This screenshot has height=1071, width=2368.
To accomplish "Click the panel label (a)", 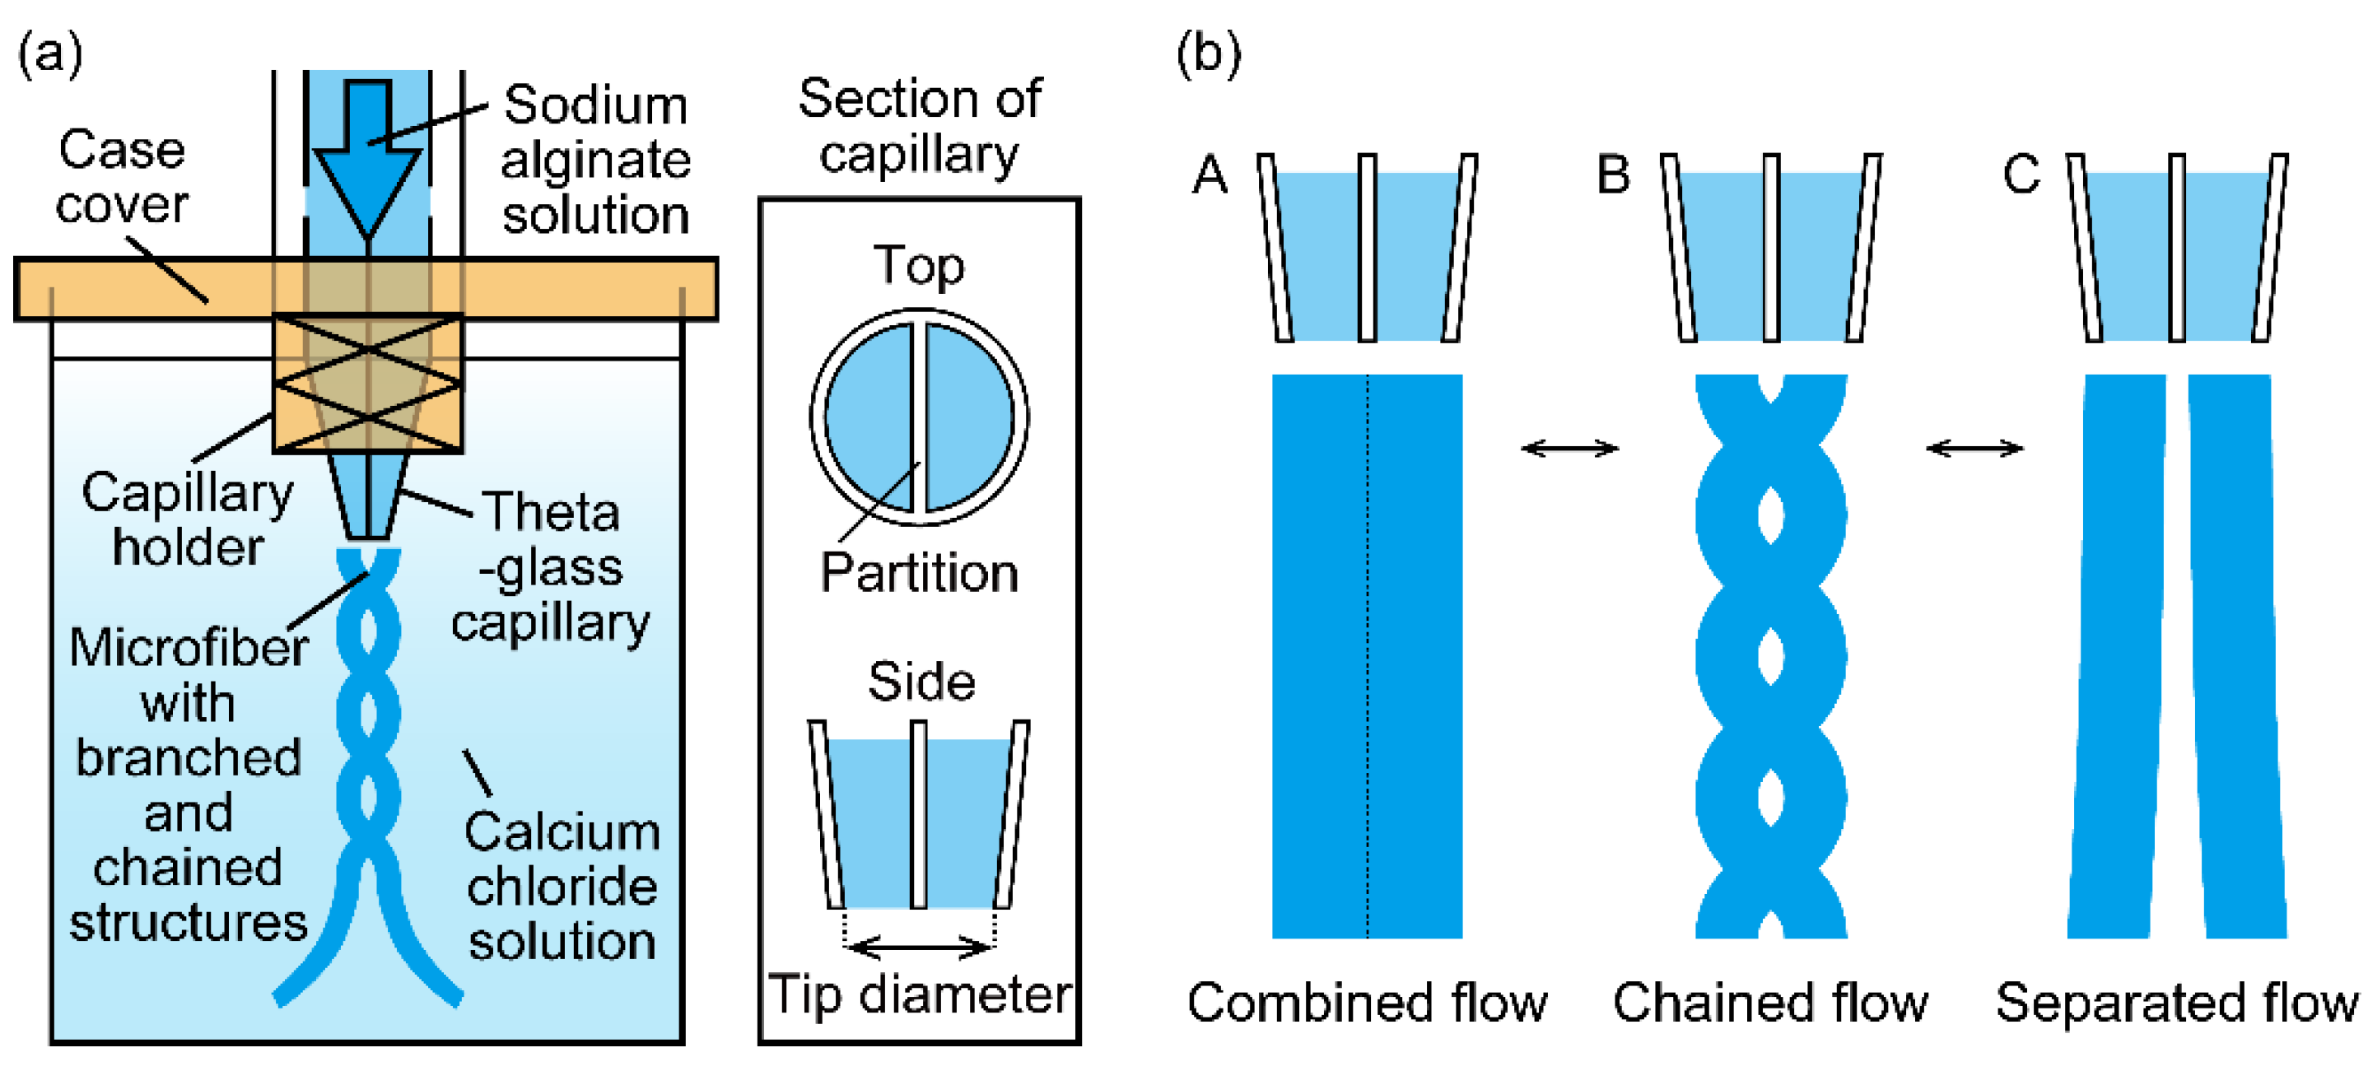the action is (x=50, y=55).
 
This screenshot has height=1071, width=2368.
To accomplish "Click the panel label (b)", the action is (x=1209, y=55).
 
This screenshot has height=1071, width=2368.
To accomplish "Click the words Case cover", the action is (x=121, y=176).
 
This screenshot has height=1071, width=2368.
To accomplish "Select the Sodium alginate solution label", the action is (x=595, y=160).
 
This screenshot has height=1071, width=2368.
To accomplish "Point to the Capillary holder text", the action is (x=188, y=519).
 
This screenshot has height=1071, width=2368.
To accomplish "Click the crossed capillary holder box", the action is (x=368, y=384).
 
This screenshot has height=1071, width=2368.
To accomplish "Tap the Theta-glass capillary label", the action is (x=551, y=567).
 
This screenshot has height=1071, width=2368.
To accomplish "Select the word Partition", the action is (x=919, y=573).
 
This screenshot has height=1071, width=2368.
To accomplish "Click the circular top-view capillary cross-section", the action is (x=919, y=417).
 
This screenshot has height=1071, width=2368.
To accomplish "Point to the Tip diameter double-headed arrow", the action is (x=919, y=946).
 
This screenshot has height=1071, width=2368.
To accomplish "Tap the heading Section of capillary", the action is (x=919, y=126).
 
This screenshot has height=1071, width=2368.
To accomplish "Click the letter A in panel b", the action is (x=1210, y=174).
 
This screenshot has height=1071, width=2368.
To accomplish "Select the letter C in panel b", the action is (x=2021, y=174).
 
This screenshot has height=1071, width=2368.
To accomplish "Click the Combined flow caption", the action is (x=1367, y=1002).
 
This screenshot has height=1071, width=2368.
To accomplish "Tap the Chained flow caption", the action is (x=1770, y=1002).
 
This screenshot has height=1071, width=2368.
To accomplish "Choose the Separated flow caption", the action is (x=2178, y=1002).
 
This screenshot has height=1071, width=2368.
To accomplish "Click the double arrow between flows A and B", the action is (x=1569, y=448).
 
